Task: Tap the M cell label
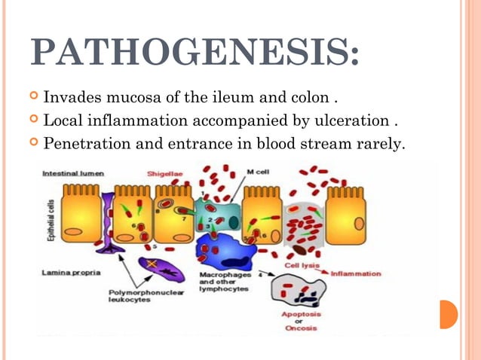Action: (259, 172)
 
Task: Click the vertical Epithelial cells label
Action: (51, 218)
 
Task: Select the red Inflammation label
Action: (356, 273)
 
